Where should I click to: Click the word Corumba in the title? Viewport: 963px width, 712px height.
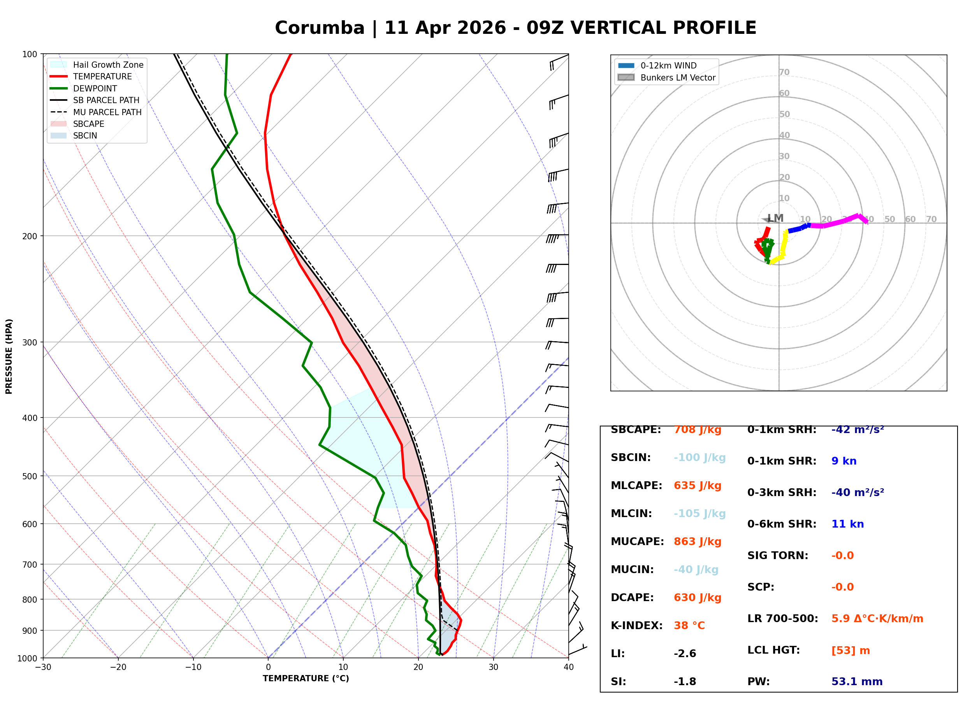(x=320, y=28)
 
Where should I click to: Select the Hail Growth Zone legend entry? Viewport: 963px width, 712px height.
(x=97, y=65)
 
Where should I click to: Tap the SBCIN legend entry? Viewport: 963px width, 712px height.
(x=74, y=136)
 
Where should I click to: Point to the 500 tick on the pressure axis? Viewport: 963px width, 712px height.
(x=30, y=476)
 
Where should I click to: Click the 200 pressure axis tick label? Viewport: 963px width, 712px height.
(x=30, y=236)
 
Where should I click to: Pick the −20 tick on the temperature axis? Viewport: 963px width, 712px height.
(x=118, y=667)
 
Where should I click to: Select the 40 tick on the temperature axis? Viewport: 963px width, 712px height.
(x=569, y=667)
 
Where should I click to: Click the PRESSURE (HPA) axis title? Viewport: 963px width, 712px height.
(x=9, y=356)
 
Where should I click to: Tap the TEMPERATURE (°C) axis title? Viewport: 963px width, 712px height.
(x=306, y=679)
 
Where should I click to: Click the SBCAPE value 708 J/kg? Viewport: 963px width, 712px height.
(x=698, y=430)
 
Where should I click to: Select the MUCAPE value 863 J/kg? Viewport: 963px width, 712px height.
(x=698, y=541)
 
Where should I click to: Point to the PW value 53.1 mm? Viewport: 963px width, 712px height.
(x=857, y=681)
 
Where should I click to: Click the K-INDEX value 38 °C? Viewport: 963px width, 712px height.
(x=689, y=625)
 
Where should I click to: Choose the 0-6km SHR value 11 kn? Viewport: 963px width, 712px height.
(x=847, y=524)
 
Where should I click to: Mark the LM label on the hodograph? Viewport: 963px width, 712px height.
(x=775, y=219)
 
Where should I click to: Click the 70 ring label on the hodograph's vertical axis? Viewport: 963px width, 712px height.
(x=784, y=72)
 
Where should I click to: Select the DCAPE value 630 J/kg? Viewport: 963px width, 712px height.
(x=698, y=597)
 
